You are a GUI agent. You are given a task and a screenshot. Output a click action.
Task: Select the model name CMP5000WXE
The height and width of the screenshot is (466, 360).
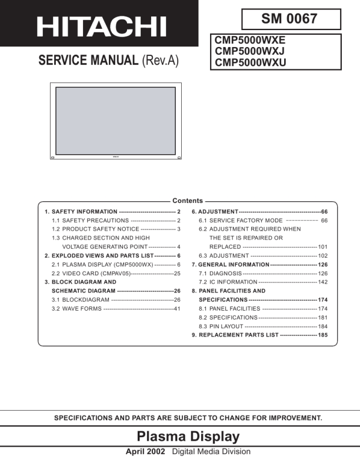250,41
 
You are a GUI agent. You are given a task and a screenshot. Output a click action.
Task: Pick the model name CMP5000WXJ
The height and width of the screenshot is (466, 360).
250,51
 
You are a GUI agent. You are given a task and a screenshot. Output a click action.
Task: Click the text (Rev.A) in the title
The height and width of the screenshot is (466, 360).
160,61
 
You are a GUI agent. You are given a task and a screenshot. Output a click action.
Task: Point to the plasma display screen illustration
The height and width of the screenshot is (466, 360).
115,120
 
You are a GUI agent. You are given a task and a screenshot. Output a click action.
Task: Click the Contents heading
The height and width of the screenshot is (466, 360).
187,201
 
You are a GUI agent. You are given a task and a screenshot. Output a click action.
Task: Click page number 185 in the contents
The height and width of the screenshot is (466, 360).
323,335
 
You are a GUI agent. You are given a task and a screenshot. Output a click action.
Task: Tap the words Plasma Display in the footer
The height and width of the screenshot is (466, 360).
188,437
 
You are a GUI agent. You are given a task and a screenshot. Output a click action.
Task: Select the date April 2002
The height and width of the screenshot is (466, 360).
146,452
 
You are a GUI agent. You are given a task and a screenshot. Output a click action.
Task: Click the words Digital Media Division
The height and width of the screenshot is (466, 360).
211,452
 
